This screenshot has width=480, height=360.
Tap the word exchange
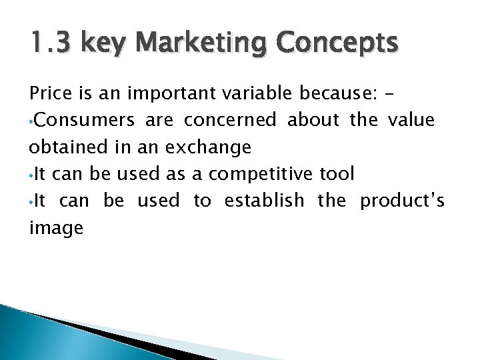(211, 147)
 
